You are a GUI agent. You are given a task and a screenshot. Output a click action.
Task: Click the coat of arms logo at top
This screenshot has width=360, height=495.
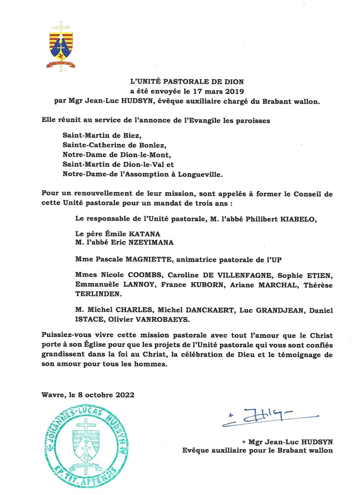coord(61,46)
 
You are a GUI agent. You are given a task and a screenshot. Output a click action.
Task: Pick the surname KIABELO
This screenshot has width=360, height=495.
coord(298,220)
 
